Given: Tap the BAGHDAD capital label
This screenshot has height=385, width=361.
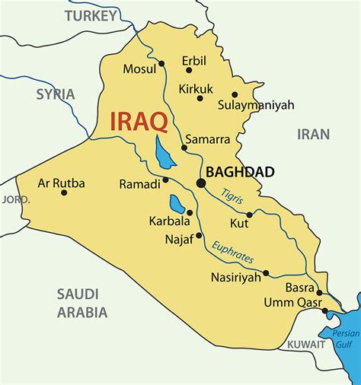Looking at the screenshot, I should click(240, 173).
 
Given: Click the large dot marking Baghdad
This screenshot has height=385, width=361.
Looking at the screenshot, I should click(201, 183).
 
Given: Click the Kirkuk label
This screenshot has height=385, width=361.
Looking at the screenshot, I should click(196, 88).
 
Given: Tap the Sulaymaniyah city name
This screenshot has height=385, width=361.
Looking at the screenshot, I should click(256, 105).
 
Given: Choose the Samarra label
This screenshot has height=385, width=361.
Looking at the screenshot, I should click(209, 140).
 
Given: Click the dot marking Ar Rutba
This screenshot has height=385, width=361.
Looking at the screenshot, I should click(64, 192).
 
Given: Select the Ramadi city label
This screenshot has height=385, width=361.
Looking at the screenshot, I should click(138, 183).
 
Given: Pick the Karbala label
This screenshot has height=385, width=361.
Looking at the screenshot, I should click(169, 221).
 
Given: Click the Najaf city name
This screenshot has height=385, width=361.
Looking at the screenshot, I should click(180, 238).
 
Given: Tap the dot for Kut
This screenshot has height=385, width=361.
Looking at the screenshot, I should click(249, 215).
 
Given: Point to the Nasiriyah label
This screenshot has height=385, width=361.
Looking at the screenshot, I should click(235, 278).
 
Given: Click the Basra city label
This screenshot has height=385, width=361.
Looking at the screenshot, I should click(299, 288).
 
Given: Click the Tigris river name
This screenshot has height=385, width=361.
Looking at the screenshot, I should click(232, 196).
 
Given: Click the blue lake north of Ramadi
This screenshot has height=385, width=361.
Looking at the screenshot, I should click(162, 152).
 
